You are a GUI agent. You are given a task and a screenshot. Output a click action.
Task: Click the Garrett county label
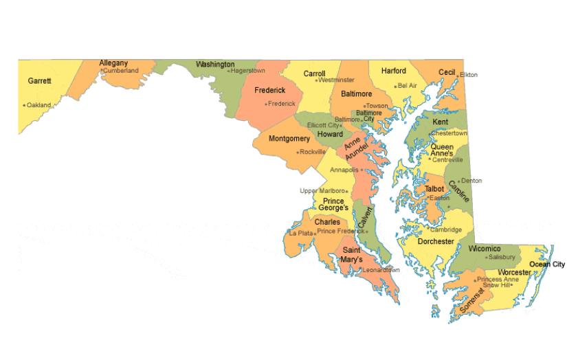click(x=39, y=81)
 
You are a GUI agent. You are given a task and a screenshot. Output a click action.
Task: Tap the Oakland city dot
click(x=24, y=106)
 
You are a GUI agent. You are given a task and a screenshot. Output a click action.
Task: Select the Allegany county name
click(x=113, y=63)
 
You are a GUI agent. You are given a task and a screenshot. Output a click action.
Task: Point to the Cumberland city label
click(x=121, y=71)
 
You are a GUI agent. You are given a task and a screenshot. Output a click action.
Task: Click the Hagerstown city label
click(x=248, y=71)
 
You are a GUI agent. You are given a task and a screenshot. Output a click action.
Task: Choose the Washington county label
click(x=215, y=65)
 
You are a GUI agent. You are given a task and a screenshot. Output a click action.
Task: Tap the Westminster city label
click(x=337, y=80)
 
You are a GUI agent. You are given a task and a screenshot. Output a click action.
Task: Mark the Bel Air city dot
click(x=396, y=87)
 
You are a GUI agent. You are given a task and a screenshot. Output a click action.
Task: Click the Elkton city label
click(x=469, y=75)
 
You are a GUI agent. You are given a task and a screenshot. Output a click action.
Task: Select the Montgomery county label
click(x=289, y=139)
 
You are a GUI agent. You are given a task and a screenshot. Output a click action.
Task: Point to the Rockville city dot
click(x=297, y=153)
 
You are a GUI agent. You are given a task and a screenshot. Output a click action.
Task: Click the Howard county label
click(x=330, y=135)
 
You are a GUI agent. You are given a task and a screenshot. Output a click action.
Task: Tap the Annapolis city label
click(x=344, y=170)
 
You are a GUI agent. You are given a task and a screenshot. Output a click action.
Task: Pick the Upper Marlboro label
click(x=322, y=191)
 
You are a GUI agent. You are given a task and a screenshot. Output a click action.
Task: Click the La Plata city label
click(x=300, y=234)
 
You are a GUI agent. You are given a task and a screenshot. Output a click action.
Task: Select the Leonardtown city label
click(x=381, y=270)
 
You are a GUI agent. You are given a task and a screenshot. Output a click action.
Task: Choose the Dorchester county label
click(x=436, y=242)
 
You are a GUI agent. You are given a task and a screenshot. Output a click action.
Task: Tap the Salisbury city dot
click(x=485, y=258)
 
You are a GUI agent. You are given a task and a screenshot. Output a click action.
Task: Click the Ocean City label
click(x=547, y=265)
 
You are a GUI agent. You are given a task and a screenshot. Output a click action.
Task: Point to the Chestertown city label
click(x=450, y=133)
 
